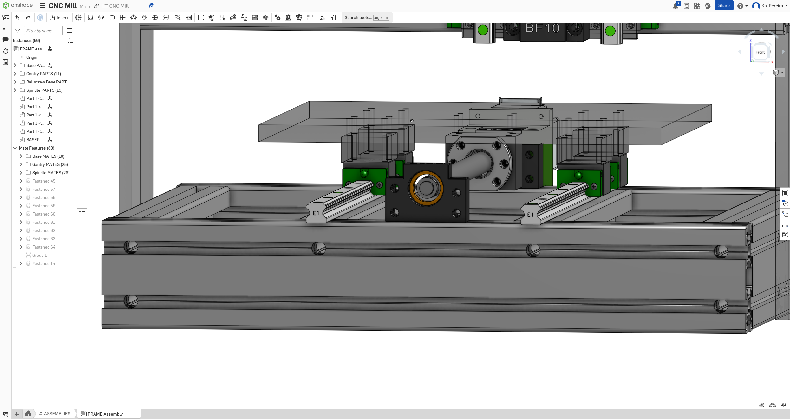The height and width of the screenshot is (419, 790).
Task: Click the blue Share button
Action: (723, 6)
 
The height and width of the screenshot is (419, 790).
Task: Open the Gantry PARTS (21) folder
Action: (43, 74)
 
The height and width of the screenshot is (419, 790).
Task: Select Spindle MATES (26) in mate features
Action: (50, 173)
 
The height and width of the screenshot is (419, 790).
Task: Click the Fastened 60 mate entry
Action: (43, 214)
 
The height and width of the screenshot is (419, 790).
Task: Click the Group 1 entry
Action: (39, 255)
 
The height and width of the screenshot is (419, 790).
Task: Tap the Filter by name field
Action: (43, 31)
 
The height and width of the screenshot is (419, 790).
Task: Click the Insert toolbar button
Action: (59, 18)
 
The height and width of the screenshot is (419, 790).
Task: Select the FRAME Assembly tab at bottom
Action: (105, 414)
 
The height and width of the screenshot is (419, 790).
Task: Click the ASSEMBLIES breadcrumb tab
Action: (57, 414)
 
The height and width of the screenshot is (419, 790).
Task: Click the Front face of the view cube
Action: (760, 52)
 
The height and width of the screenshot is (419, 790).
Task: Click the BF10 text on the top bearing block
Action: (542, 29)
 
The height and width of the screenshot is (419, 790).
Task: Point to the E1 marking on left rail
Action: (316, 213)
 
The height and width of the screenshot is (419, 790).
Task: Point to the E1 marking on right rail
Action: (530, 215)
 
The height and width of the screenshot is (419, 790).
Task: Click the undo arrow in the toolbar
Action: (17, 18)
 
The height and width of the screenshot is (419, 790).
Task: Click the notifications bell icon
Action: (675, 6)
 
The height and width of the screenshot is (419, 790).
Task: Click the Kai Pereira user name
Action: (772, 6)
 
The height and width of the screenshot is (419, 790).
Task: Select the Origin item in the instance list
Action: (31, 57)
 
